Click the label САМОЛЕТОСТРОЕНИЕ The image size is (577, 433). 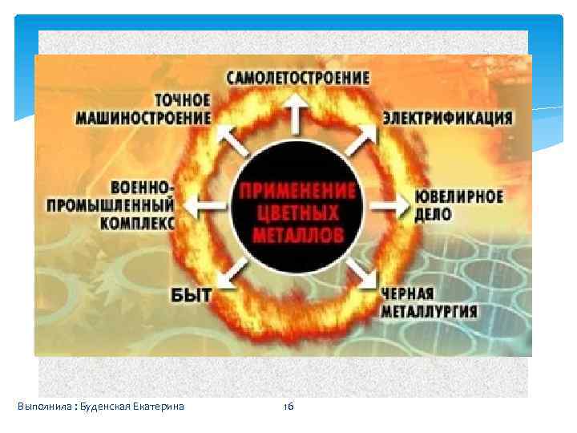pyautogui.click(x=298, y=79)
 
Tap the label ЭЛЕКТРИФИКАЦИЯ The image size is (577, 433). pyautogui.click(x=447, y=118)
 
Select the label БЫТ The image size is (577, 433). pyautogui.click(x=192, y=294)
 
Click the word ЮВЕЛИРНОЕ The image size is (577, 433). pyautogui.click(x=459, y=197)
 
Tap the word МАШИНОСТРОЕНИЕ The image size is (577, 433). pyautogui.click(x=144, y=117)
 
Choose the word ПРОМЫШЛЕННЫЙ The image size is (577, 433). pyautogui.click(x=110, y=205)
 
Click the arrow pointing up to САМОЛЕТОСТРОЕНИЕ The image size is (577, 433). pyautogui.click(x=295, y=115)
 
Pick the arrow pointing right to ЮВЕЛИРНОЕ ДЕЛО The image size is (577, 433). pyautogui.click(x=391, y=205)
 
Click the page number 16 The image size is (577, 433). pyautogui.click(x=288, y=407)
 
